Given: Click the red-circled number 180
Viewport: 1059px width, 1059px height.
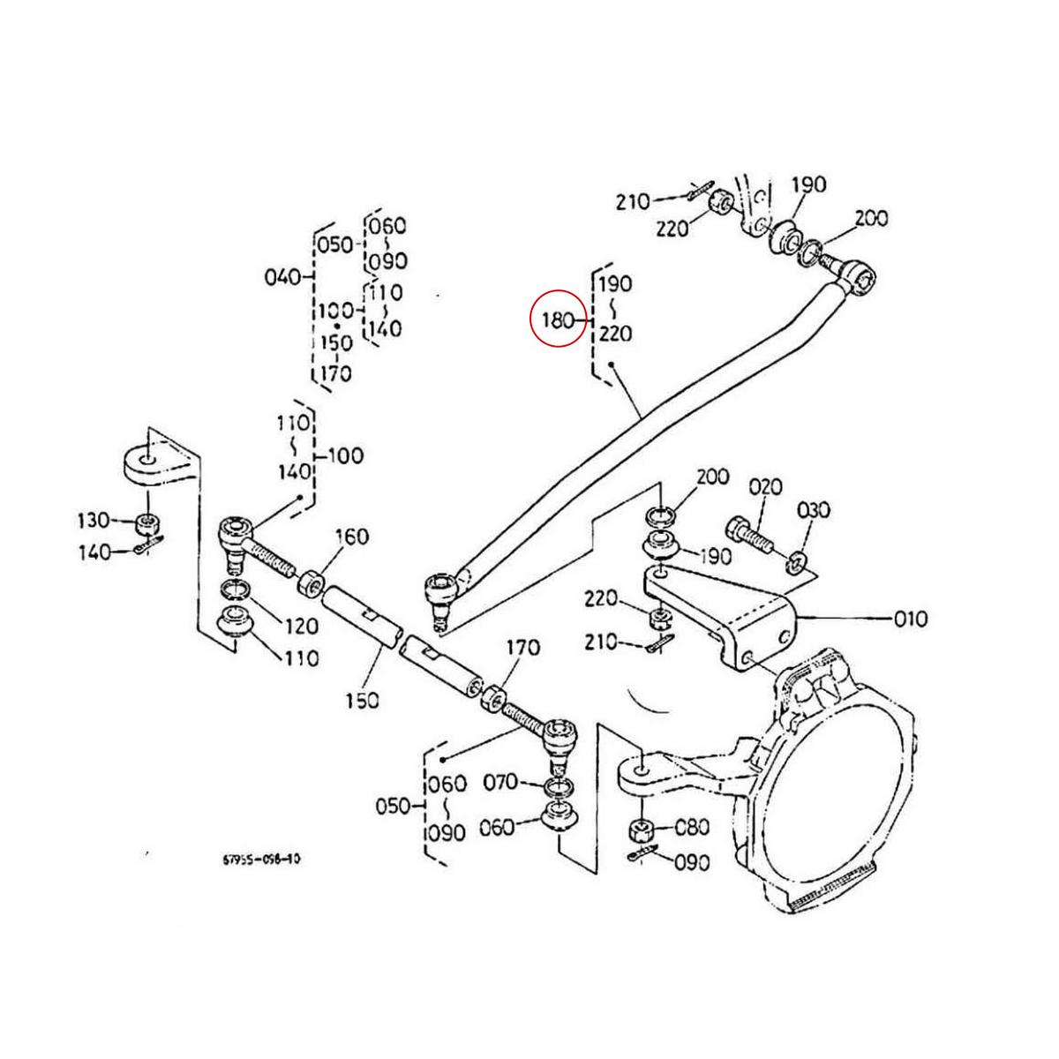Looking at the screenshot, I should (558, 319).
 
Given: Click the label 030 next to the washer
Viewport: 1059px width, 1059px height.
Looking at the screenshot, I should (814, 511).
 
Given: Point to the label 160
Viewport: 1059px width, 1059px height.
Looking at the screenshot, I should (352, 537).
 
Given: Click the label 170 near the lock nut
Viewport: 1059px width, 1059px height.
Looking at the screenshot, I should (522, 649).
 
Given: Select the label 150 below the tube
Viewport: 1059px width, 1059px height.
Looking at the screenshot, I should (362, 700).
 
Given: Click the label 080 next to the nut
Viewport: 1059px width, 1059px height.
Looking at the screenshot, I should (692, 828).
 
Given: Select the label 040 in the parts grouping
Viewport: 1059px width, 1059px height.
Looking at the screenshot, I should (283, 277).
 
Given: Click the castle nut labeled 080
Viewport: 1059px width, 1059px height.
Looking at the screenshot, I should (640, 830).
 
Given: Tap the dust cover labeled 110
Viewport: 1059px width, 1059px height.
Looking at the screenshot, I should (236, 621).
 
